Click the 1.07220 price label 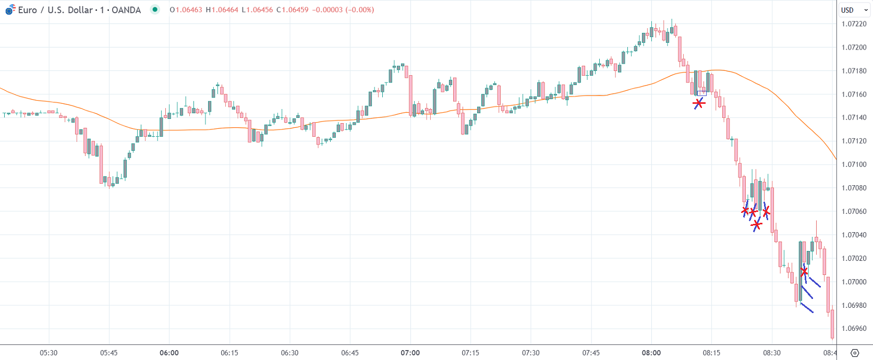tap(854, 24)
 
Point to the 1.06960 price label tap(854, 329)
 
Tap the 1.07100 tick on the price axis tap(854, 164)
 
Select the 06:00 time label tap(169, 353)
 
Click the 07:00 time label tap(410, 353)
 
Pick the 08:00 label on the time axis tap(651, 353)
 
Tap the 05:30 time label tap(48, 353)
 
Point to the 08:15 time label tap(711, 353)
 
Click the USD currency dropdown tap(854, 10)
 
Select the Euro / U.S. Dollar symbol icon tap(10, 9)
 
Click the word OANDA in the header tap(126, 10)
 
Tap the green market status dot tap(155, 9)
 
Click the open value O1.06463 tap(186, 10)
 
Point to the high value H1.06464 tap(222, 10)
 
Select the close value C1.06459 tap(292, 10)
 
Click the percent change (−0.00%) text tap(359, 10)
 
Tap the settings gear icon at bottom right tap(854, 353)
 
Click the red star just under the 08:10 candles tap(699, 103)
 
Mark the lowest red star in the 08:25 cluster tap(756, 225)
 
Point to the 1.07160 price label tap(854, 94)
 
